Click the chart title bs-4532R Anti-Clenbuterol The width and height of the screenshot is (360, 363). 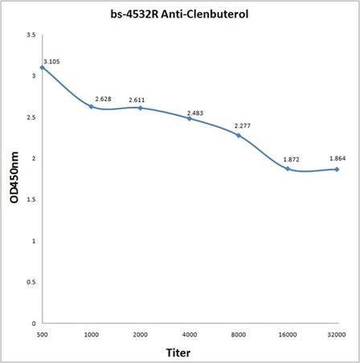click(179, 14)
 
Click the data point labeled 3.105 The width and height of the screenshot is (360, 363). click(42, 67)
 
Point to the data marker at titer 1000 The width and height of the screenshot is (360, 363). click(91, 106)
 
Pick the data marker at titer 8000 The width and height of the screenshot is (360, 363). click(239, 135)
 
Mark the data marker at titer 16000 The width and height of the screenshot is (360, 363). click(288, 169)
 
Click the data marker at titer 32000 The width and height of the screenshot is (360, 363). click(337, 169)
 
